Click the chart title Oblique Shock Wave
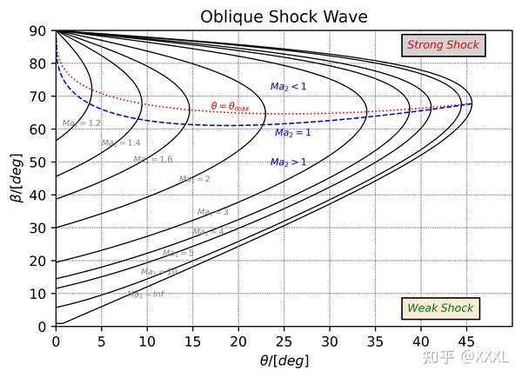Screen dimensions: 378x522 click(x=284, y=17)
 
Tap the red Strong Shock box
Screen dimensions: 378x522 click(x=443, y=44)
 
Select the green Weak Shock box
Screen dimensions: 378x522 click(x=440, y=308)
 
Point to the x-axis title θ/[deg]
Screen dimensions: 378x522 click(x=284, y=361)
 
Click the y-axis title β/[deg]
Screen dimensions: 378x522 click(x=17, y=179)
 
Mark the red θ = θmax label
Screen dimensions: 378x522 click(x=230, y=107)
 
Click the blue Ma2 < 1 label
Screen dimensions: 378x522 click(x=288, y=87)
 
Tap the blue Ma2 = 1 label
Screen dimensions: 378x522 click(x=293, y=133)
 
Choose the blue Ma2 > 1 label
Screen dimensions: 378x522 click(x=288, y=162)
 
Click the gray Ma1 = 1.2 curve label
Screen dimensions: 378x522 click(x=82, y=123)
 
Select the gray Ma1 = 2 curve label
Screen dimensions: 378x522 click(x=194, y=179)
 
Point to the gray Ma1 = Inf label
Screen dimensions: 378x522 click(x=145, y=294)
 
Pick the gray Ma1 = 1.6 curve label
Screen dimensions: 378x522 click(x=152, y=159)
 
